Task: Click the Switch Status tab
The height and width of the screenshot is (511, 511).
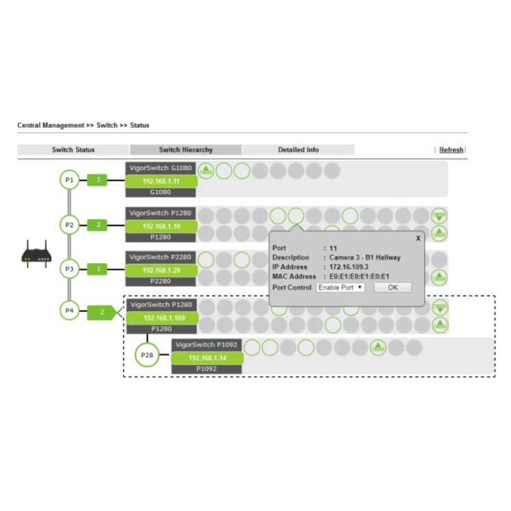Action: coord(73,149)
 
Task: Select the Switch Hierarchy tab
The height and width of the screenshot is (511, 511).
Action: coord(186,149)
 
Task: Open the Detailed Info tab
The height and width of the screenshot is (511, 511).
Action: coord(298,149)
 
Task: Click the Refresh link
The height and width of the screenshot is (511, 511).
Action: coord(451,149)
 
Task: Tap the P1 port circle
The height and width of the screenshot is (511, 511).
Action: coord(68,180)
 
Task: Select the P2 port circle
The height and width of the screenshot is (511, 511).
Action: coord(68,224)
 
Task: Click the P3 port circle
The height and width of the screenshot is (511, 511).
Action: coord(68,269)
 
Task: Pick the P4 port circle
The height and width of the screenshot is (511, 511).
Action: coord(68,311)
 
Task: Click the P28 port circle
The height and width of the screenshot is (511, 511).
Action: coord(146,356)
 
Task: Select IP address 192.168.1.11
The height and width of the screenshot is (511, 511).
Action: coord(161,182)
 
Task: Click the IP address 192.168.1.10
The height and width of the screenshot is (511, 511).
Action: coord(161,225)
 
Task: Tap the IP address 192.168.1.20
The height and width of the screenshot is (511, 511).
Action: coord(161,270)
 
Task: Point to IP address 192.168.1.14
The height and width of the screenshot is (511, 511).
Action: coord(208,358)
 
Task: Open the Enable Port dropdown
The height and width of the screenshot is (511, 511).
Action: coord(340,288)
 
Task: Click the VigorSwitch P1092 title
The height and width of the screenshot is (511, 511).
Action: coord(206,345)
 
